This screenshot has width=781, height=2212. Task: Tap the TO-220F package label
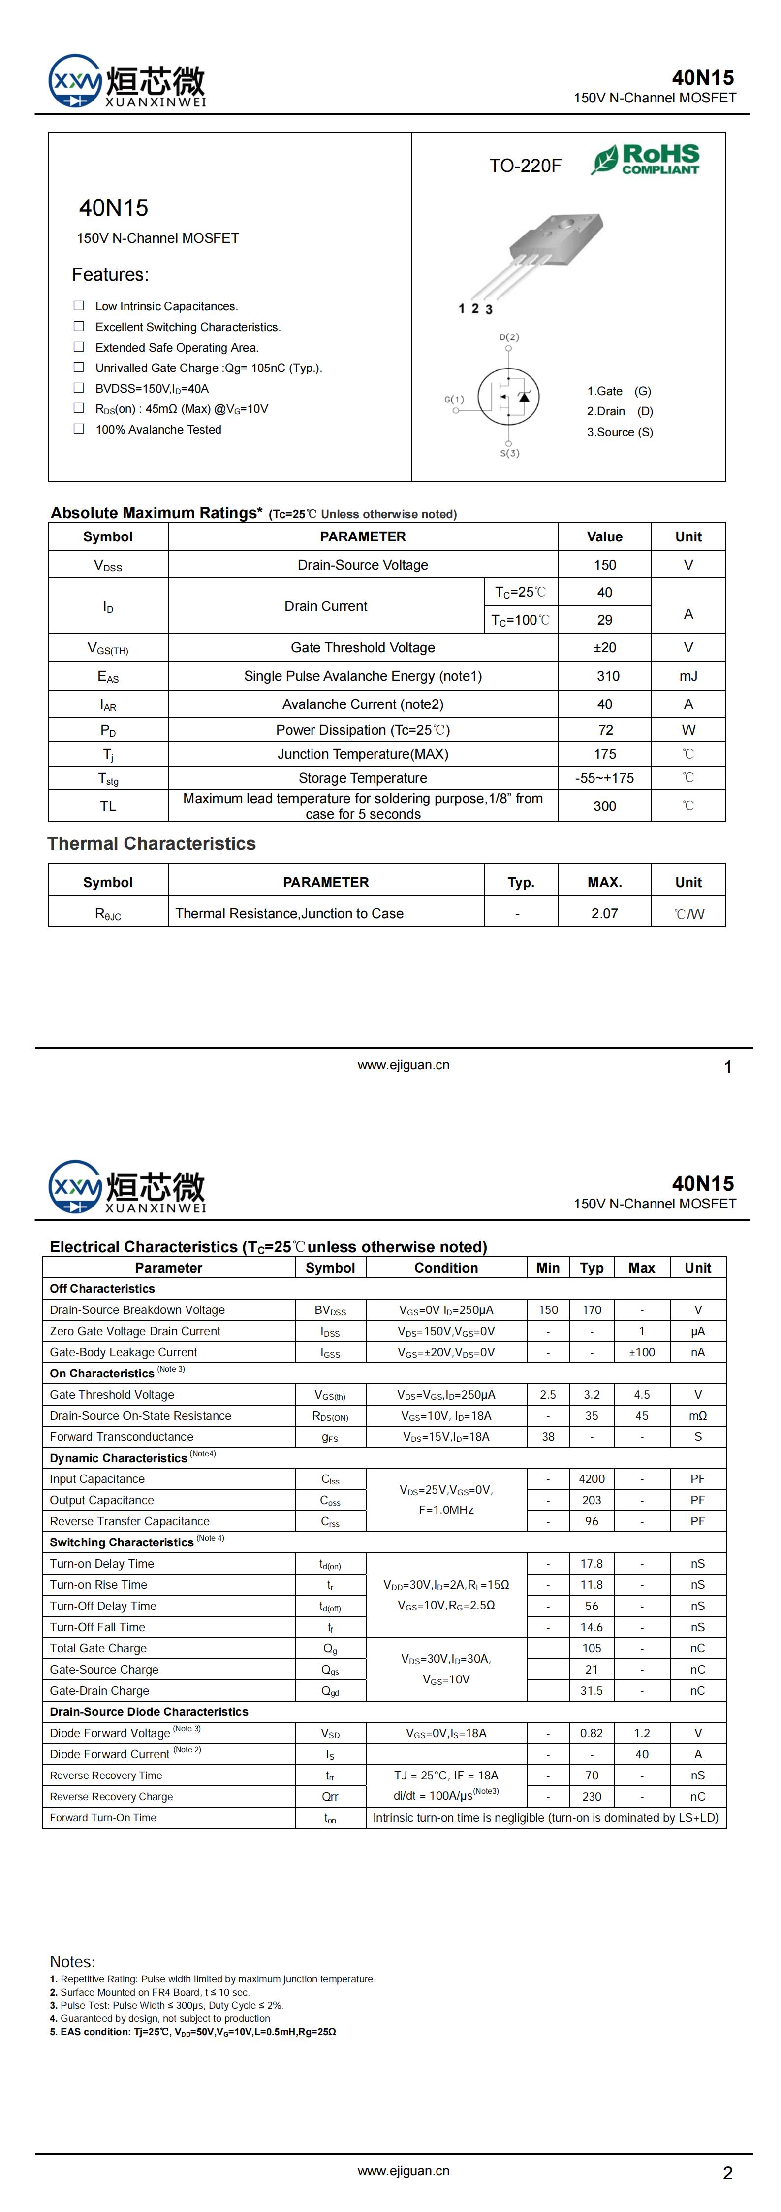(525, 166)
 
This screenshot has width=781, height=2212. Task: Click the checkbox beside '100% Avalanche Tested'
(79, 429)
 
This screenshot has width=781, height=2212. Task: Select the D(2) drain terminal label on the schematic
(509, 337)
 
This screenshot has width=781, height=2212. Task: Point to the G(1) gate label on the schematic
(454, 400)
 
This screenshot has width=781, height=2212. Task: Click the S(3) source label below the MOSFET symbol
(510, 453)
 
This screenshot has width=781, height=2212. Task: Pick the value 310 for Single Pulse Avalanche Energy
(608, 676)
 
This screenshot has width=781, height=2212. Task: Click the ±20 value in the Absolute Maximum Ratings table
(604, 647)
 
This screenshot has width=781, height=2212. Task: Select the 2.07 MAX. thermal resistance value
(604, 914)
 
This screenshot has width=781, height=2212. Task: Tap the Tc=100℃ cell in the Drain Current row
(520, 620)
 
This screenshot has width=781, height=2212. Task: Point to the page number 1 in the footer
(728, 1068)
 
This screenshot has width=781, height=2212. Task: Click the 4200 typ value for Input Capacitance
(592, 1478)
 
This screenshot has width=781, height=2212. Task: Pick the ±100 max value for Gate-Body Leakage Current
(641, 1352)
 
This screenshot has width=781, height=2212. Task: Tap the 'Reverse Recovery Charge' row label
(112, 1796)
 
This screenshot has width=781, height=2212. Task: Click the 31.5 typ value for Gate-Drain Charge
(592, 1690)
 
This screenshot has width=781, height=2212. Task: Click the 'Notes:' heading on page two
(72, 1961)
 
